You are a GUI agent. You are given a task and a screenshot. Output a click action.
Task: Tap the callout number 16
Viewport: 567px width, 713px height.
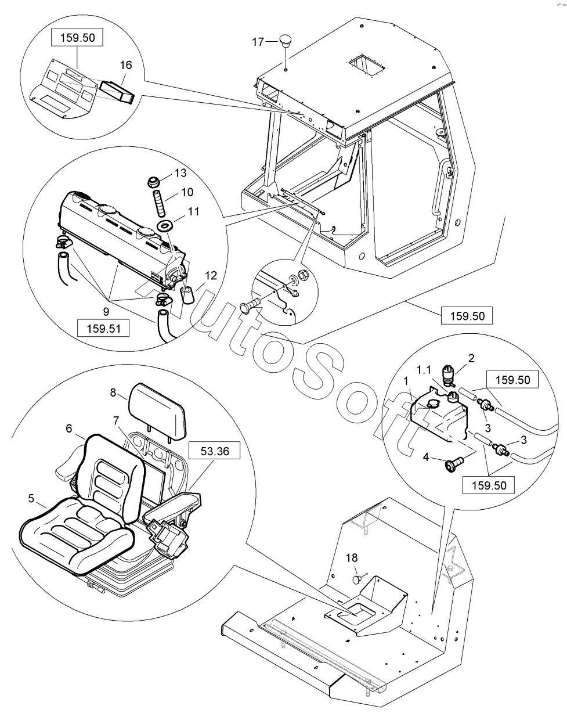(x=126, y=65)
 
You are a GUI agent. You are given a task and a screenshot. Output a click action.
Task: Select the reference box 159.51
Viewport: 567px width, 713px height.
(x=103, y=328)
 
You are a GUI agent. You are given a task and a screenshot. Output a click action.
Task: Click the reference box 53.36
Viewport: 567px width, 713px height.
(x=215, y=451)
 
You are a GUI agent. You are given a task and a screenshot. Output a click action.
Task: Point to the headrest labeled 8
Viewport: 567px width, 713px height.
(x=158, y=411)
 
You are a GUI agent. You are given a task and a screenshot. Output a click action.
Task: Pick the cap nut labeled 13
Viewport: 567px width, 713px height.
(x=153, y=182)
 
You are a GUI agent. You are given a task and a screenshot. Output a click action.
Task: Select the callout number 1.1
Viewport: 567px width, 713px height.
(x=424, y=370)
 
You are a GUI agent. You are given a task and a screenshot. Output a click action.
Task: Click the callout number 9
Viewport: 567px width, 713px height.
(x=106, y=311)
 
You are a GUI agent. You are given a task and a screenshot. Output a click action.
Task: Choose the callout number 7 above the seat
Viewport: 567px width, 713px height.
(x=116, y=421)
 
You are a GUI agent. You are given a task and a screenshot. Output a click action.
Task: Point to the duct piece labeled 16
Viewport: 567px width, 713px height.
(x=117, y=92)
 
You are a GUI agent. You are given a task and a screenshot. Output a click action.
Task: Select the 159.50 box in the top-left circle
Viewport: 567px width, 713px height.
(x=78, y=37)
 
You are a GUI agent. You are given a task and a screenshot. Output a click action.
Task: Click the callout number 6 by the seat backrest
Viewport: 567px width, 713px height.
(x=69, y=428)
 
